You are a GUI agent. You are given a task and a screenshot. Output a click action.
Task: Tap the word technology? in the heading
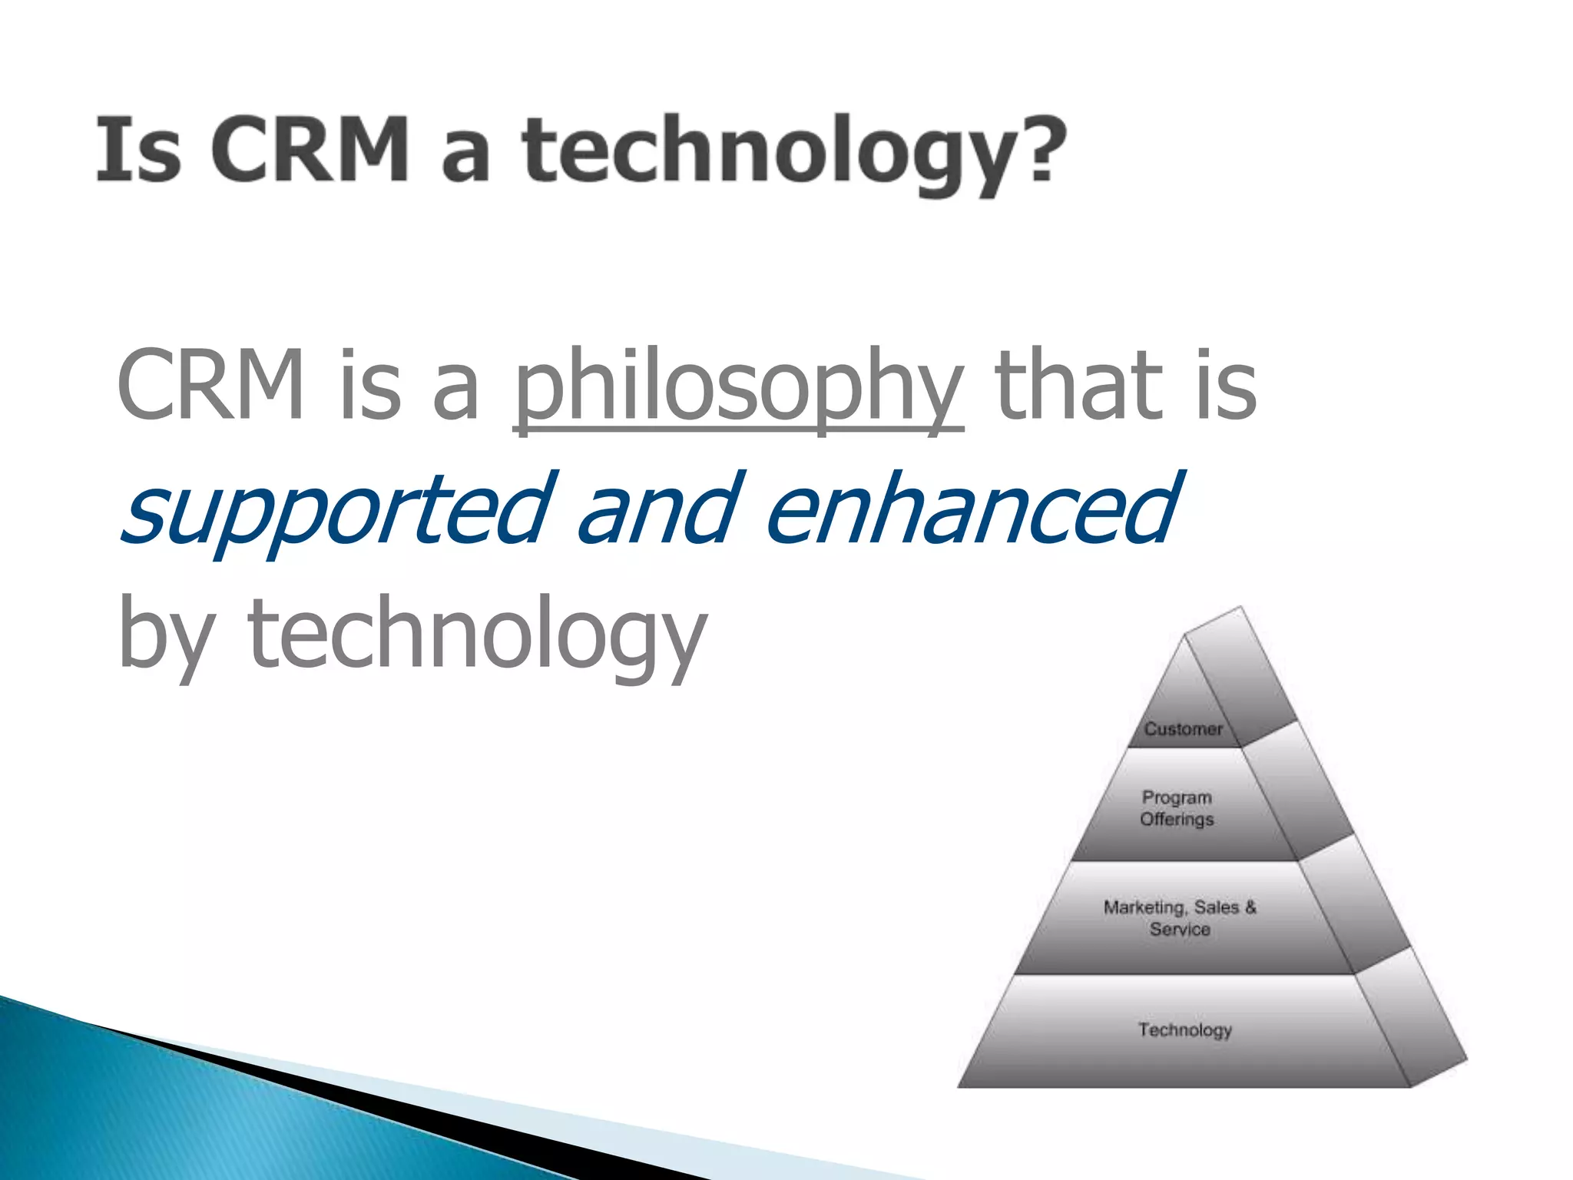(x=776, y=154)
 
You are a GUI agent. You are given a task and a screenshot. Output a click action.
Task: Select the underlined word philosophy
(x=737, y=388)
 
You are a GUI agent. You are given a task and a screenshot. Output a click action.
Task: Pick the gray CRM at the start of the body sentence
(x=210, y=384)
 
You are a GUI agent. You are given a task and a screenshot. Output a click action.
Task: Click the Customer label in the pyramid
(x=1183, y=729)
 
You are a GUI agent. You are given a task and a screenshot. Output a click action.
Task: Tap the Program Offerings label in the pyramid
(x=1177, y=808)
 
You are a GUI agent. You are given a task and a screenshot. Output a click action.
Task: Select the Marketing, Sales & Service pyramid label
(x=1180, y=918)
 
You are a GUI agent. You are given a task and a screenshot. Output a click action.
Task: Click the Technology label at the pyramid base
(x=1184, y=1029)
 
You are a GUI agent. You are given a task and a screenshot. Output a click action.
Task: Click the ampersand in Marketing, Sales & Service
(x=1250, y=907)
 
